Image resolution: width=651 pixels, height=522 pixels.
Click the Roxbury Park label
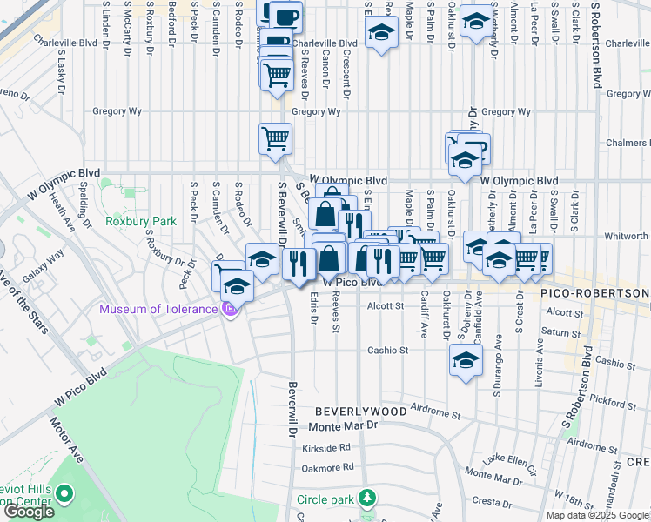tap(140, 221)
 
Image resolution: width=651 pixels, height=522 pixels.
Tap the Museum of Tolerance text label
tap(158, 309)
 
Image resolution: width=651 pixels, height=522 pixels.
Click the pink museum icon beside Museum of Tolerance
tap(230, 309)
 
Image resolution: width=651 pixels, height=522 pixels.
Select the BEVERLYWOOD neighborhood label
tap(360, 410)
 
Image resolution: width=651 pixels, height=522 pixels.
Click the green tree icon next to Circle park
tap(368, 499)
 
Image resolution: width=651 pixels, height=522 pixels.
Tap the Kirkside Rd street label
tap(326, 447)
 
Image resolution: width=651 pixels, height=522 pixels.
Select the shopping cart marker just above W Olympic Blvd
tap(275, 137)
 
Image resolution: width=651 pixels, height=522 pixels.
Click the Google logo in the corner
tap(29, 512)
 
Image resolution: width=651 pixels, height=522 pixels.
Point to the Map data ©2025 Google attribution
tap(597, 515)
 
